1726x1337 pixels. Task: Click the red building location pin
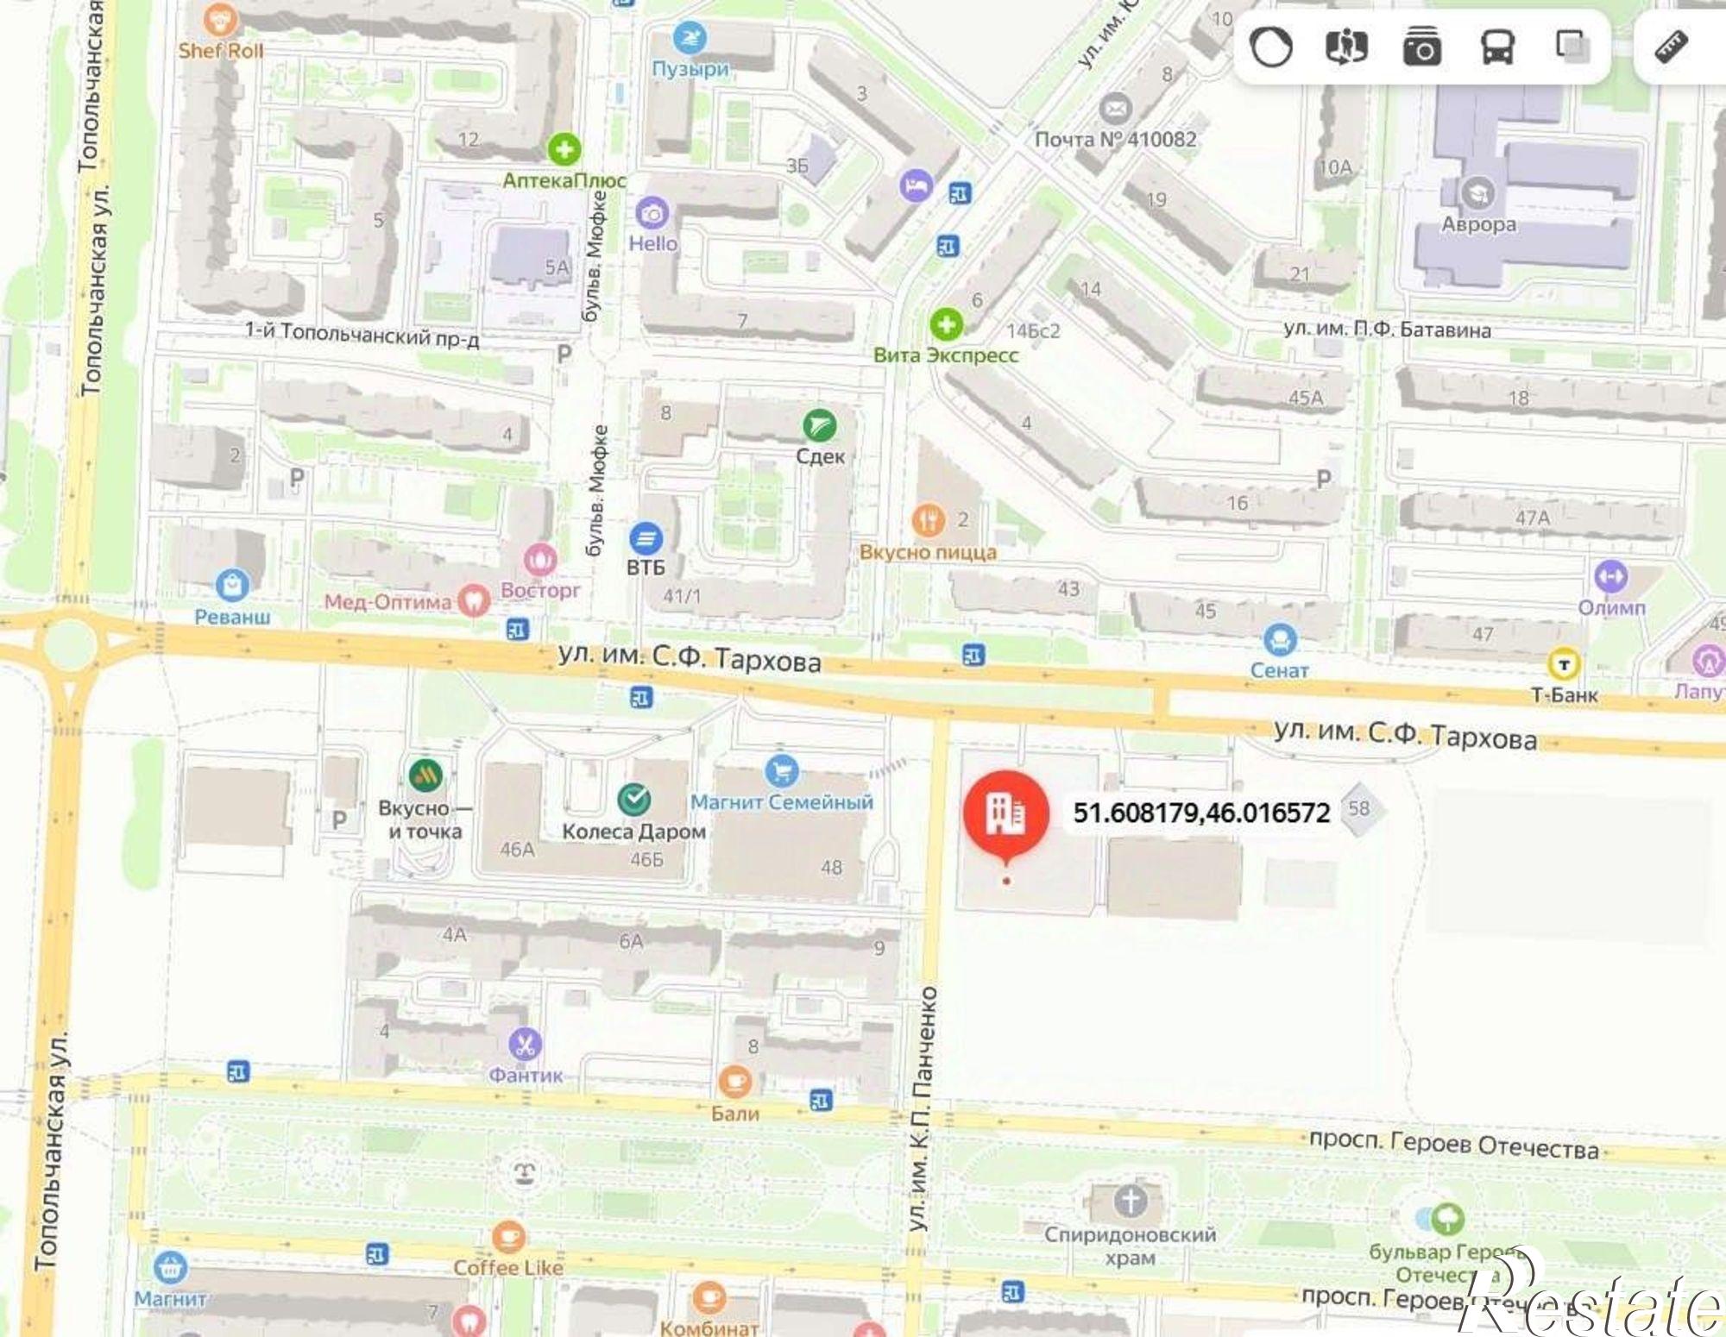click(1005, 813)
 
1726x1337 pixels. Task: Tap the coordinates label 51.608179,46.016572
click(1201, 813)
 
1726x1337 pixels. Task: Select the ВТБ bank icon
click(646, 538)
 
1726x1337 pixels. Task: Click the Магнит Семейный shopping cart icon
click(781, 769)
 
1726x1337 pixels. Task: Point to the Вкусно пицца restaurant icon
click(928, 520)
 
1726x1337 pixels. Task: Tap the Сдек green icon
click(819, 424)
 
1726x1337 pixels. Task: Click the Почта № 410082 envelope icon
click(1115, 109)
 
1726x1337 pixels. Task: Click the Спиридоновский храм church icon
click(1130, 1200)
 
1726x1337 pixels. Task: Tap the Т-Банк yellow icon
click(1564, 664)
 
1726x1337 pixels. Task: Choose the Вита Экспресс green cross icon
click(946, 324)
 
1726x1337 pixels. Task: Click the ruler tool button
click(1671, 47)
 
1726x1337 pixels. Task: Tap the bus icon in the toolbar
click(1497, 47)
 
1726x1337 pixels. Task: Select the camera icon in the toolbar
click(1421, 47)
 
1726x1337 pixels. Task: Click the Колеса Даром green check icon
click(634, 800)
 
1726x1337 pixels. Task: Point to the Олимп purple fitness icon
click(1610, 576)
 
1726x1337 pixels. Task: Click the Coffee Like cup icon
click(507, 1238)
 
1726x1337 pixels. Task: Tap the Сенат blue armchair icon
click(1279, 640)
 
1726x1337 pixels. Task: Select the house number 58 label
click(1359, 808)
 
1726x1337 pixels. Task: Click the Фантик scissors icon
click(525, 1045)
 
